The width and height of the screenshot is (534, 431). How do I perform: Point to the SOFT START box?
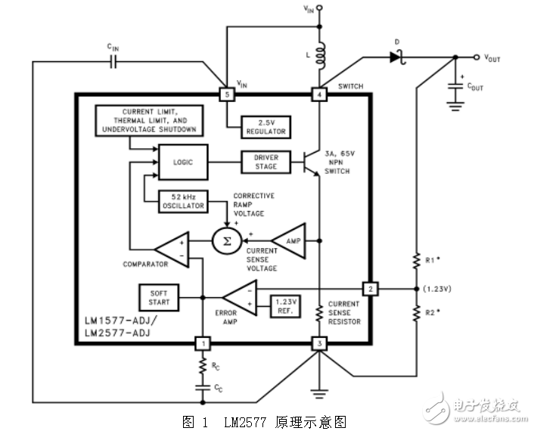[x=159, y=296]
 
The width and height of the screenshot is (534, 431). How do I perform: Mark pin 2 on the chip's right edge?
[x=370, y=290]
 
